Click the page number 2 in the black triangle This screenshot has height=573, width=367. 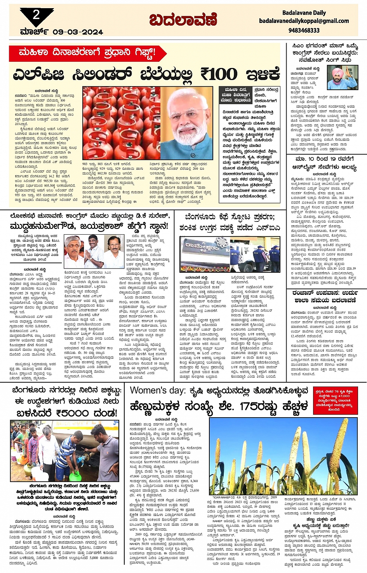(36, 15)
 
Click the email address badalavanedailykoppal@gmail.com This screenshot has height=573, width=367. (304, 21)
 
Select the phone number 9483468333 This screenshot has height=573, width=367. (304, 30)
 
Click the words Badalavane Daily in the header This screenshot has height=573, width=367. (304, 13)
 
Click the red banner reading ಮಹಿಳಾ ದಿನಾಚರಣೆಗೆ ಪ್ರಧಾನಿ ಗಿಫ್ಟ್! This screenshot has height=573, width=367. (87, 52)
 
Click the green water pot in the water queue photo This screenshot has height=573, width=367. (74, 475)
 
